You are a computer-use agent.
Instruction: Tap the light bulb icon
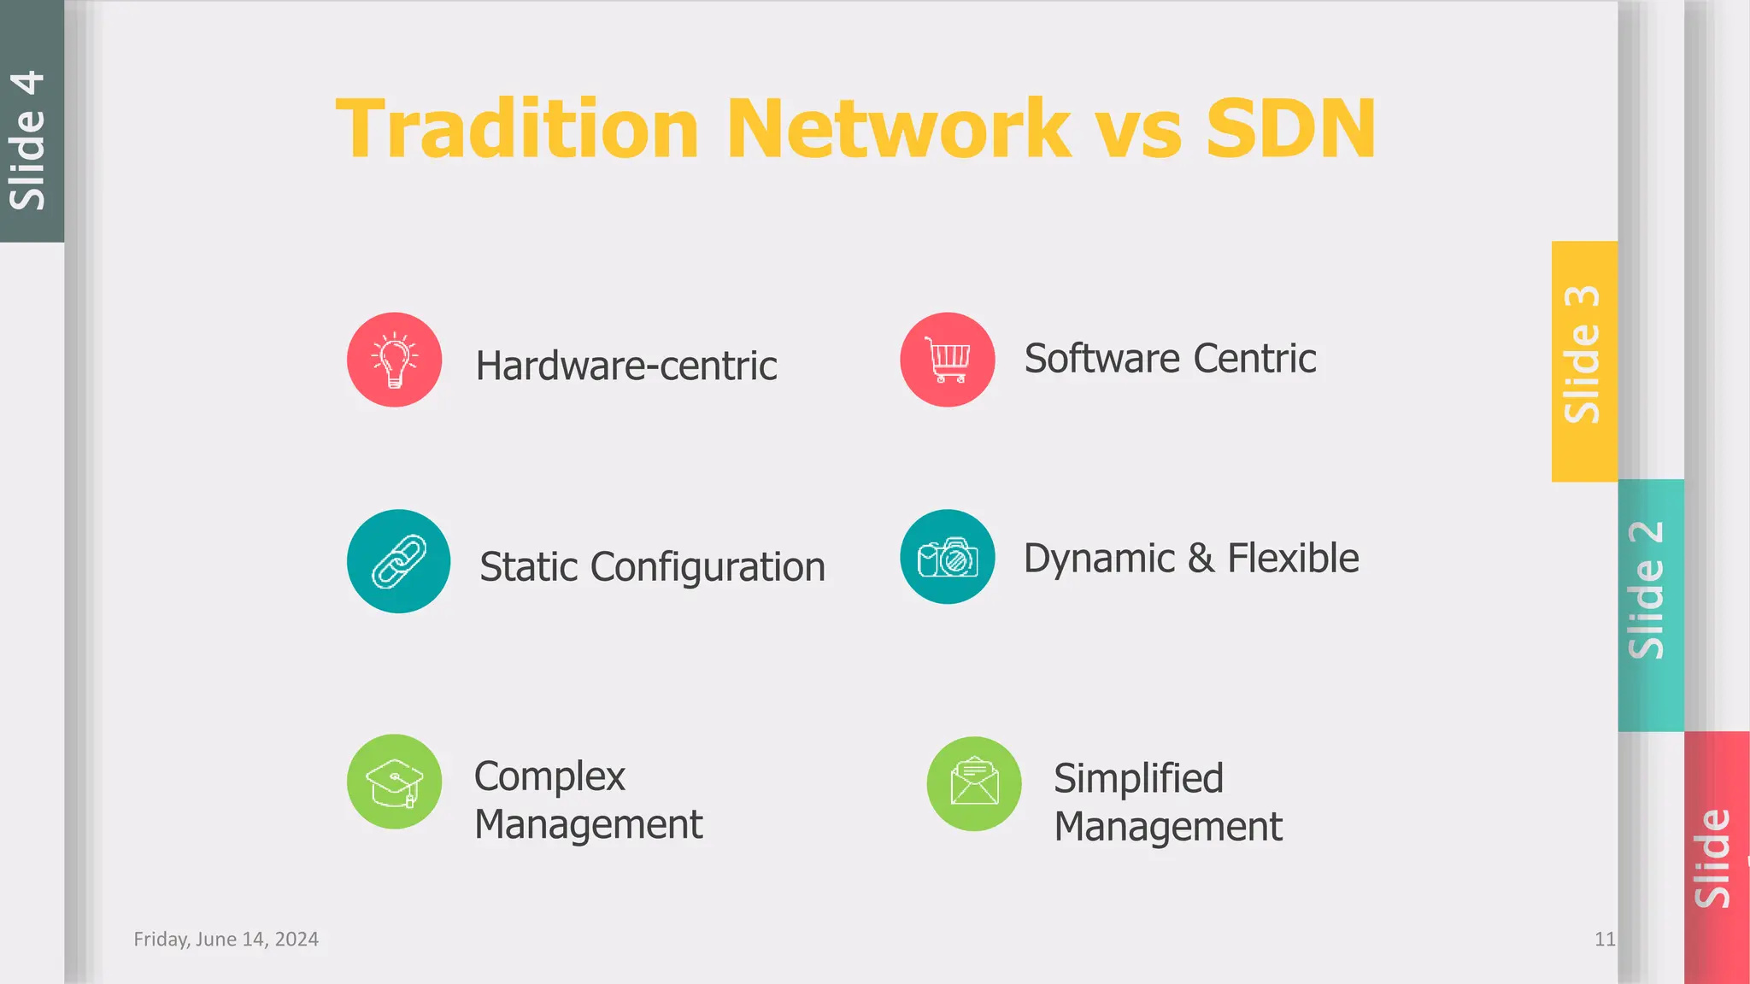[x=394, y=360]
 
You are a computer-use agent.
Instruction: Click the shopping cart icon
[x=947, y=360]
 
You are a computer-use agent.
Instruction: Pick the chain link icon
[x=398, y=561]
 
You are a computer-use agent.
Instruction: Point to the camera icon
[x=947, y=558]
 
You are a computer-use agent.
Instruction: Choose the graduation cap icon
[x=394, y=782]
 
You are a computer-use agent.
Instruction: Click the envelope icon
[x=974, y=783]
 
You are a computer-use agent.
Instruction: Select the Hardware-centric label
[x=626, y=366]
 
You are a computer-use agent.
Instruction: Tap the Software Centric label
[x=1170, y=359]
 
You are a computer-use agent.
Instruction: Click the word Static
[x=529, y=567]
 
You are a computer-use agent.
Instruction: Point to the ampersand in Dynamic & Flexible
[x=1201, y=559]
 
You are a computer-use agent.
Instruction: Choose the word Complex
[x=549, y=776]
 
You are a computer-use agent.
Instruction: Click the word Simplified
[x=1138, y=778]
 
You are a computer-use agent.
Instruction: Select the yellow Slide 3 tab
[x=1583, y=360]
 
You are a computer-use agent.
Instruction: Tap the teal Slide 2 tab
[x=1649, y=605]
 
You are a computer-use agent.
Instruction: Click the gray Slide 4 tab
[x=31, y=121]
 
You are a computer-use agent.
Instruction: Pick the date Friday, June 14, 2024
[x=226, y=940]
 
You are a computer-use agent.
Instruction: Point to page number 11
[x=1605, y=940]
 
